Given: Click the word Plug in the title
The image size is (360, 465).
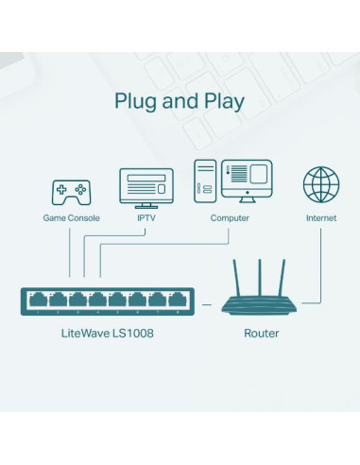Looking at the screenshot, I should click(x=138, y=100).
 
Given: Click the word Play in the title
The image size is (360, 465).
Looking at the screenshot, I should click(x=220, y=100).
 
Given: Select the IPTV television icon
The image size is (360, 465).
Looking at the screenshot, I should click(x=146, y=188).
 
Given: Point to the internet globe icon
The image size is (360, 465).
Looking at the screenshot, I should click(x=320, y=184).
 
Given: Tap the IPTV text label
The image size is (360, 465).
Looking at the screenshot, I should click(x=146, y=218).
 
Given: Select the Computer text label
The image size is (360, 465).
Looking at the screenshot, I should click(x=230, y=218).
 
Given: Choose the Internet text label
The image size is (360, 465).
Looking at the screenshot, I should click(x=320, y=218).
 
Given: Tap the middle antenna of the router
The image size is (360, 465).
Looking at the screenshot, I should click(x=261, y=272).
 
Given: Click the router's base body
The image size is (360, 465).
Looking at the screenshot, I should click(x=262, y=304).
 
